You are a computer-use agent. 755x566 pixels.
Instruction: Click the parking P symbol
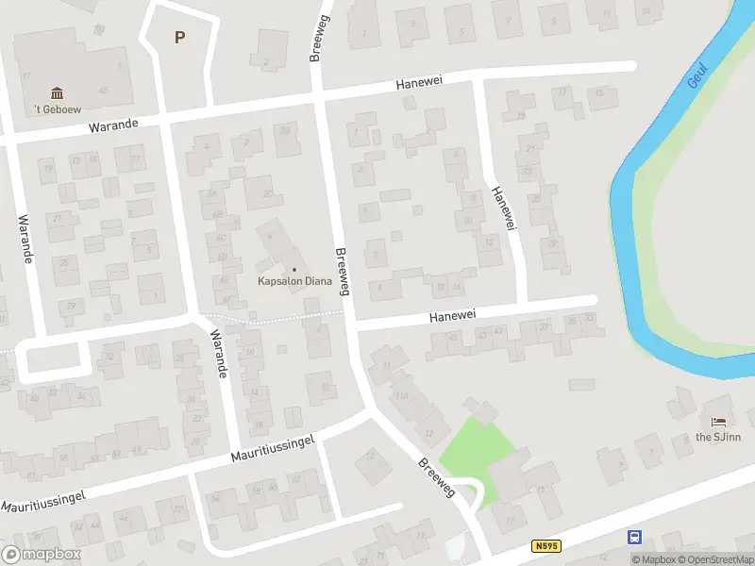point(179,37)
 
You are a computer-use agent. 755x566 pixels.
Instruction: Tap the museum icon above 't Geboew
point(57,92)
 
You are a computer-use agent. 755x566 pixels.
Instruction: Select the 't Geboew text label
point(58,109)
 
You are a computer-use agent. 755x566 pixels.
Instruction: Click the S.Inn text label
point(719,436)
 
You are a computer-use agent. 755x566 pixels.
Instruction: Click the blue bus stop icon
point(634,537)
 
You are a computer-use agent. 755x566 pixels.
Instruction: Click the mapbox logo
point(42,555)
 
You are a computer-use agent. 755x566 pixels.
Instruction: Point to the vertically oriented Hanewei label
point(504,208)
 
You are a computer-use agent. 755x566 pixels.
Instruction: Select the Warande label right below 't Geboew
point(113,125)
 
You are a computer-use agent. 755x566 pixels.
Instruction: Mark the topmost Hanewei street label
point(420,84)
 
